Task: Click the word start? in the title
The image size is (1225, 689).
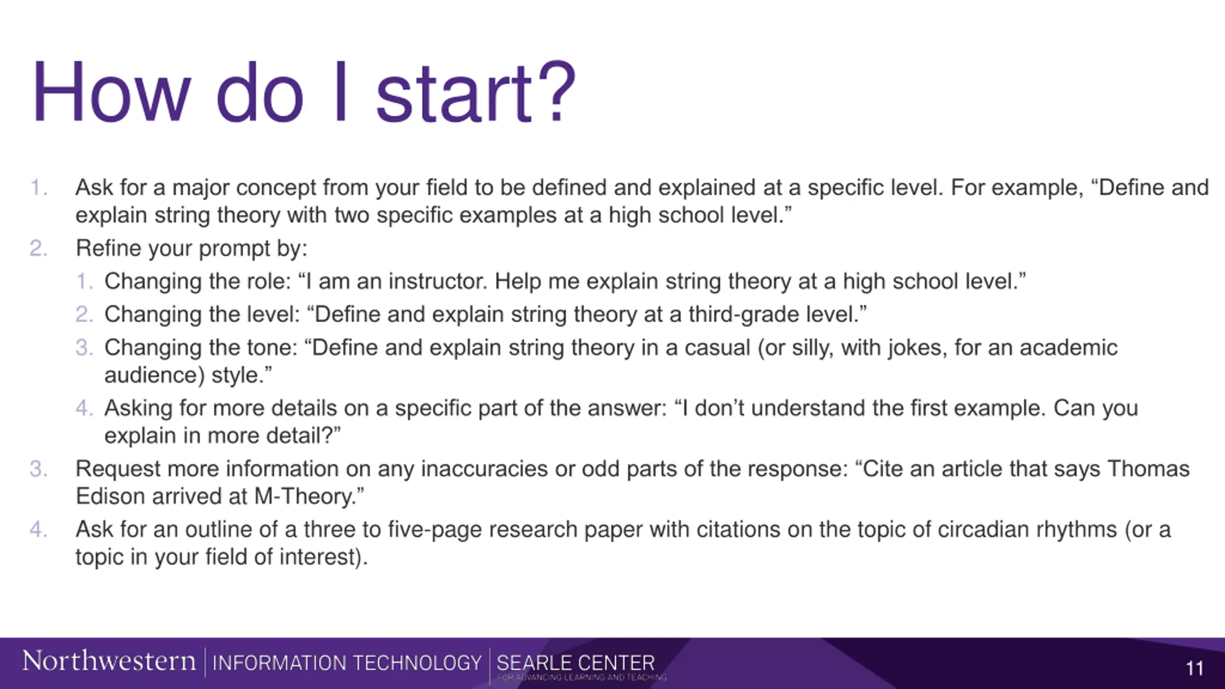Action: [x=476, y=92]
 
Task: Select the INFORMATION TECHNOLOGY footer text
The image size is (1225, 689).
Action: [x=347, y=663]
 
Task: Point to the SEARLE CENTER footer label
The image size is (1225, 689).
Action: [x=576, y=663]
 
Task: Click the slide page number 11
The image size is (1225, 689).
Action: [x=1194, y=668]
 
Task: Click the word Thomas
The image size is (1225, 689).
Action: [x=1148, y=469]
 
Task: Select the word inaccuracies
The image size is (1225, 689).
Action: [x=484, y=469]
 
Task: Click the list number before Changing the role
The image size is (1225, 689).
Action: [x=84, y=281]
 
